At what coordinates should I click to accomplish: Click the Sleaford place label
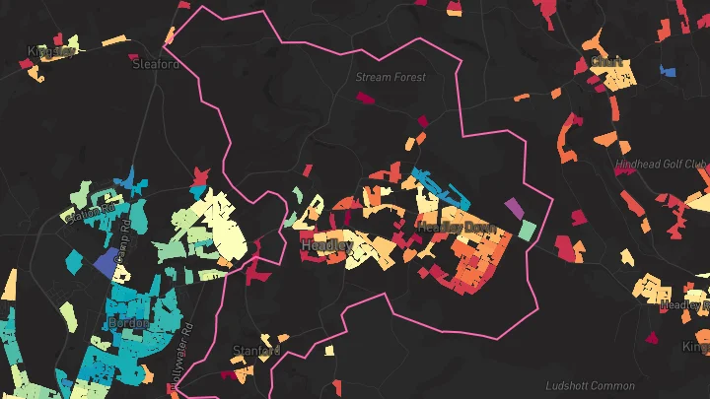[x=156, y=64]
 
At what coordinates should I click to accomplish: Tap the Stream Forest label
[x=390, y=76]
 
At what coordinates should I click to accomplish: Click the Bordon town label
[x=129, y=323]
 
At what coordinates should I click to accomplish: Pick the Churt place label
[x=606, y=62]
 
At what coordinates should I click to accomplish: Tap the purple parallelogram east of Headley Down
[x=514, y=208]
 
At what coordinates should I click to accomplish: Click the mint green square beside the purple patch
[x=528, y=231]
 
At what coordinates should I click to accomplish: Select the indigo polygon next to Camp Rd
[x=105, y=263]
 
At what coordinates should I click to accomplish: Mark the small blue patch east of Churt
[x=668, y=71]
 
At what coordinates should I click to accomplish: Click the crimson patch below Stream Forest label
[x=366, y=99]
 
